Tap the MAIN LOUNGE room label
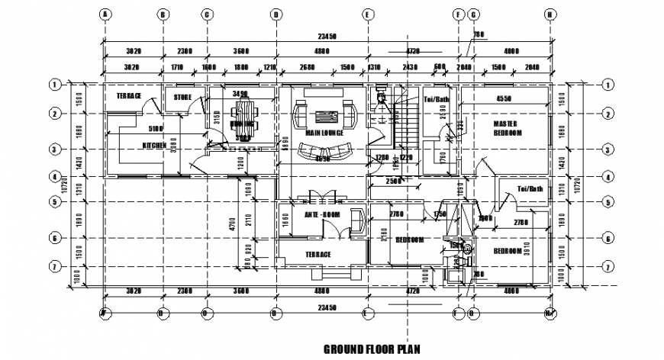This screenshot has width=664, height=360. pos(324,133)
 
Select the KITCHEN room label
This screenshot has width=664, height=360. pos(154,145)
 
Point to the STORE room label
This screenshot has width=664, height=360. pos(182,98)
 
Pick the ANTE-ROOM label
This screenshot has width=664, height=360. pos(321,214)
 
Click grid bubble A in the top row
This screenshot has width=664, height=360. pos(105,14)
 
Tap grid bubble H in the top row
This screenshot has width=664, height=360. pos(549,14)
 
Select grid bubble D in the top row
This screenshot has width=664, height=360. pos(276,14)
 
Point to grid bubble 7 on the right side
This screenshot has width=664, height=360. pos(608,266)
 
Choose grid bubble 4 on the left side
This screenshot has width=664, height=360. pos(55,177)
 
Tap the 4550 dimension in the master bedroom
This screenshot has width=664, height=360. pos(504,98)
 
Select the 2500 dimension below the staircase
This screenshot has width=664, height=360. pos(394,181)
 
